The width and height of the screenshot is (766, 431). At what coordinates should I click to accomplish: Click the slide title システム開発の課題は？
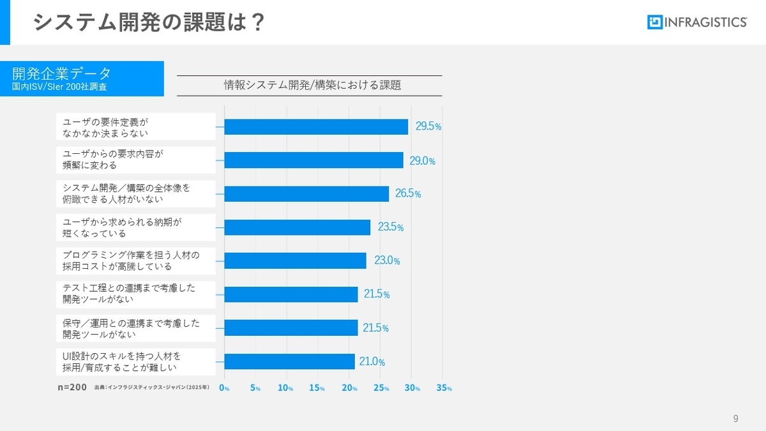click(148, 23)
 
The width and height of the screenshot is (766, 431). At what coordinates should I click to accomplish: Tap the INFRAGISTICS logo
click(697, 22)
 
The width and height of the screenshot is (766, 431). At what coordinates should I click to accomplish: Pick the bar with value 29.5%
click(316, 126)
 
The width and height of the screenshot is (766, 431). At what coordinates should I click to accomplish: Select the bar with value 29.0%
click(313, 160)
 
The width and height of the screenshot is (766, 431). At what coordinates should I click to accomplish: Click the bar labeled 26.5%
click(306, 193)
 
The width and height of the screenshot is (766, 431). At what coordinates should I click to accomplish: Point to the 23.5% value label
click(391, 227)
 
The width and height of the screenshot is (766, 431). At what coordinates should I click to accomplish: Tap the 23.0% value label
click(387, 261)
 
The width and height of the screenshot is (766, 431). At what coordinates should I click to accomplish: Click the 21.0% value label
click(372, 361)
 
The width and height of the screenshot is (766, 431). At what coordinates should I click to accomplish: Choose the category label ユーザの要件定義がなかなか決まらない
click(136, 126)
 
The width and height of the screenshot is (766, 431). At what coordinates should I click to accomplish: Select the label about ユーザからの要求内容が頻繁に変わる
click(136, 160)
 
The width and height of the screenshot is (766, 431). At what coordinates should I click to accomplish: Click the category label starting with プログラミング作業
click(136, 261)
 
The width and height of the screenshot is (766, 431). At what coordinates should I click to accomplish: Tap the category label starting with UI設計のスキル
click(136, 361)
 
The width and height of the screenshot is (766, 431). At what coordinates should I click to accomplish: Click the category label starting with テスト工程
click(136, 294)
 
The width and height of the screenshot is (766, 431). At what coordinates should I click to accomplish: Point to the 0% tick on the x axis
click(224, 388)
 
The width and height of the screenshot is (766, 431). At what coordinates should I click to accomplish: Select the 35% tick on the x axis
click(444, 388)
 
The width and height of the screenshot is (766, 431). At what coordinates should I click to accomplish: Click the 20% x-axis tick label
click(350, 388)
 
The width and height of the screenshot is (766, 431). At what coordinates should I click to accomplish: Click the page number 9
click(735, 419)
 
